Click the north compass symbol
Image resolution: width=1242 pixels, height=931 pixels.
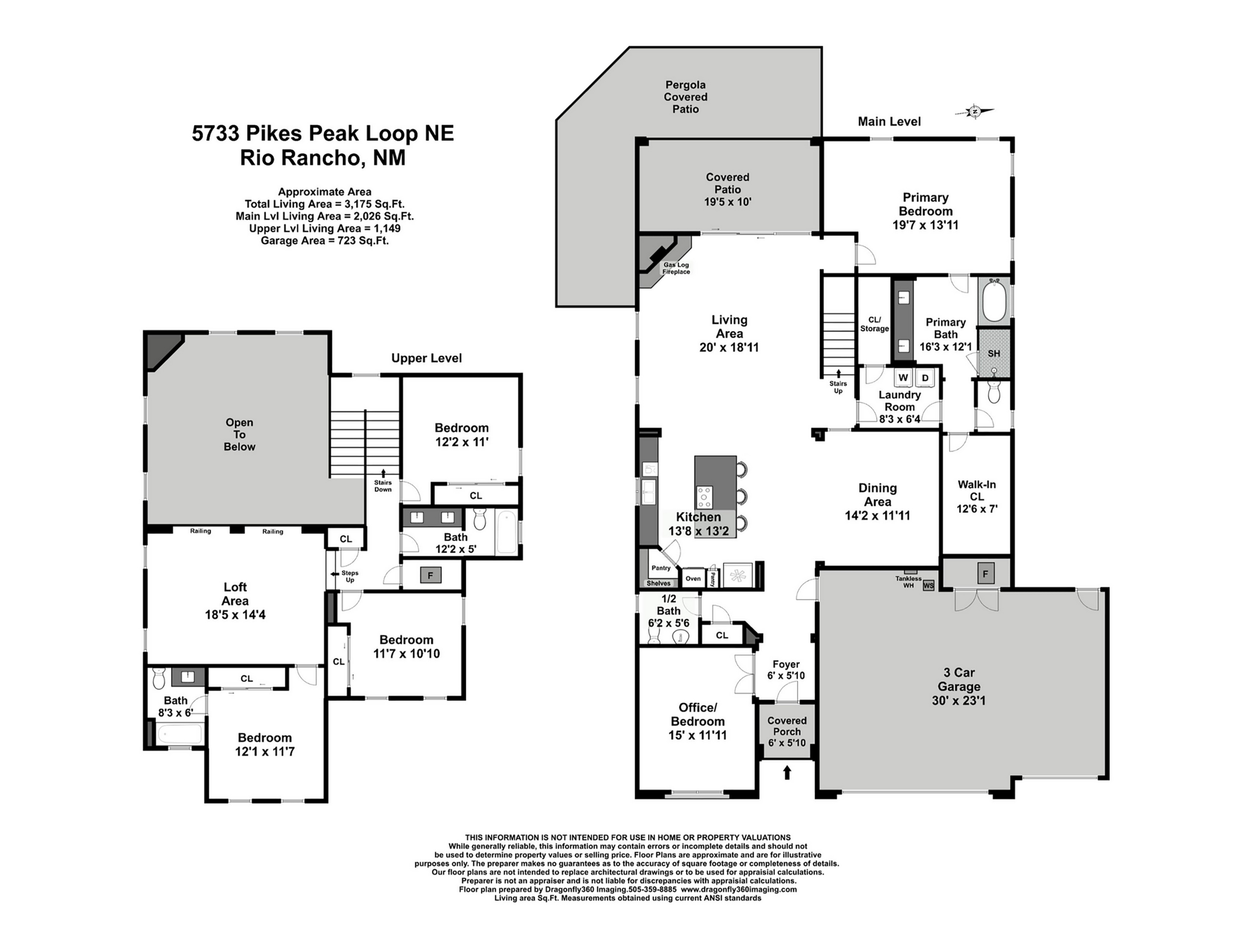click(x=975, y=112)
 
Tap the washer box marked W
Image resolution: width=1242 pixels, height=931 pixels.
click(x=903, y=378)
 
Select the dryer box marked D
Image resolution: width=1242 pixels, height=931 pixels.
click(x=925, y=378)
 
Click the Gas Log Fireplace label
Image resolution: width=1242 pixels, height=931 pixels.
click(x=676, y=268)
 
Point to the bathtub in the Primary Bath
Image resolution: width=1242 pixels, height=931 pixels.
click(x=994, y=300)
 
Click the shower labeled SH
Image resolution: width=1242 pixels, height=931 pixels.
click(x=994, y=353)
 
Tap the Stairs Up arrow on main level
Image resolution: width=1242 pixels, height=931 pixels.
click(x=838, y=373)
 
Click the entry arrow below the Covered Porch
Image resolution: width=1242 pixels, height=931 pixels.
click(x=787, y=773)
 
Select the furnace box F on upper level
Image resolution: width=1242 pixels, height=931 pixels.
click(x=431, y=575)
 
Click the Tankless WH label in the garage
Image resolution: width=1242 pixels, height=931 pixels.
click(x=908, y=582)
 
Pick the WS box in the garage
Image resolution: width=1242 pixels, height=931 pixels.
click(x=929, y=586)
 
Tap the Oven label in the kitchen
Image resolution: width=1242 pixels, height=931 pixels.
click(x=693, y=578)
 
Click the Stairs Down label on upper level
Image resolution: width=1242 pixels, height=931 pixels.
click(x=383, y=486)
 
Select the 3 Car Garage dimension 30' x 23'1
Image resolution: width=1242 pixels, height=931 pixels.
click(x=958, y=701)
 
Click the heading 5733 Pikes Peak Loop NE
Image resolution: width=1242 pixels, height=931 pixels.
click(x=323, y=134)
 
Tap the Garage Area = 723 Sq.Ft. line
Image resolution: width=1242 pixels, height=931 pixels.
click(x=325, y=241)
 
